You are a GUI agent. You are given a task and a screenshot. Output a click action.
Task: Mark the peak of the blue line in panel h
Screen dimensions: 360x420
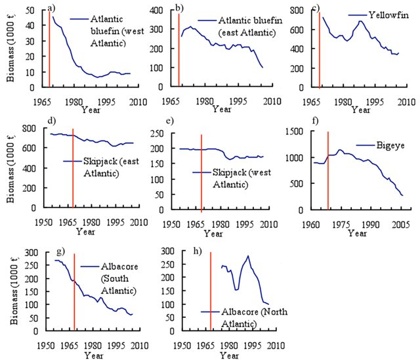248,256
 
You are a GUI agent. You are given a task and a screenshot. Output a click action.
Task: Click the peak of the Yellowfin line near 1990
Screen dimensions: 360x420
360,21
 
